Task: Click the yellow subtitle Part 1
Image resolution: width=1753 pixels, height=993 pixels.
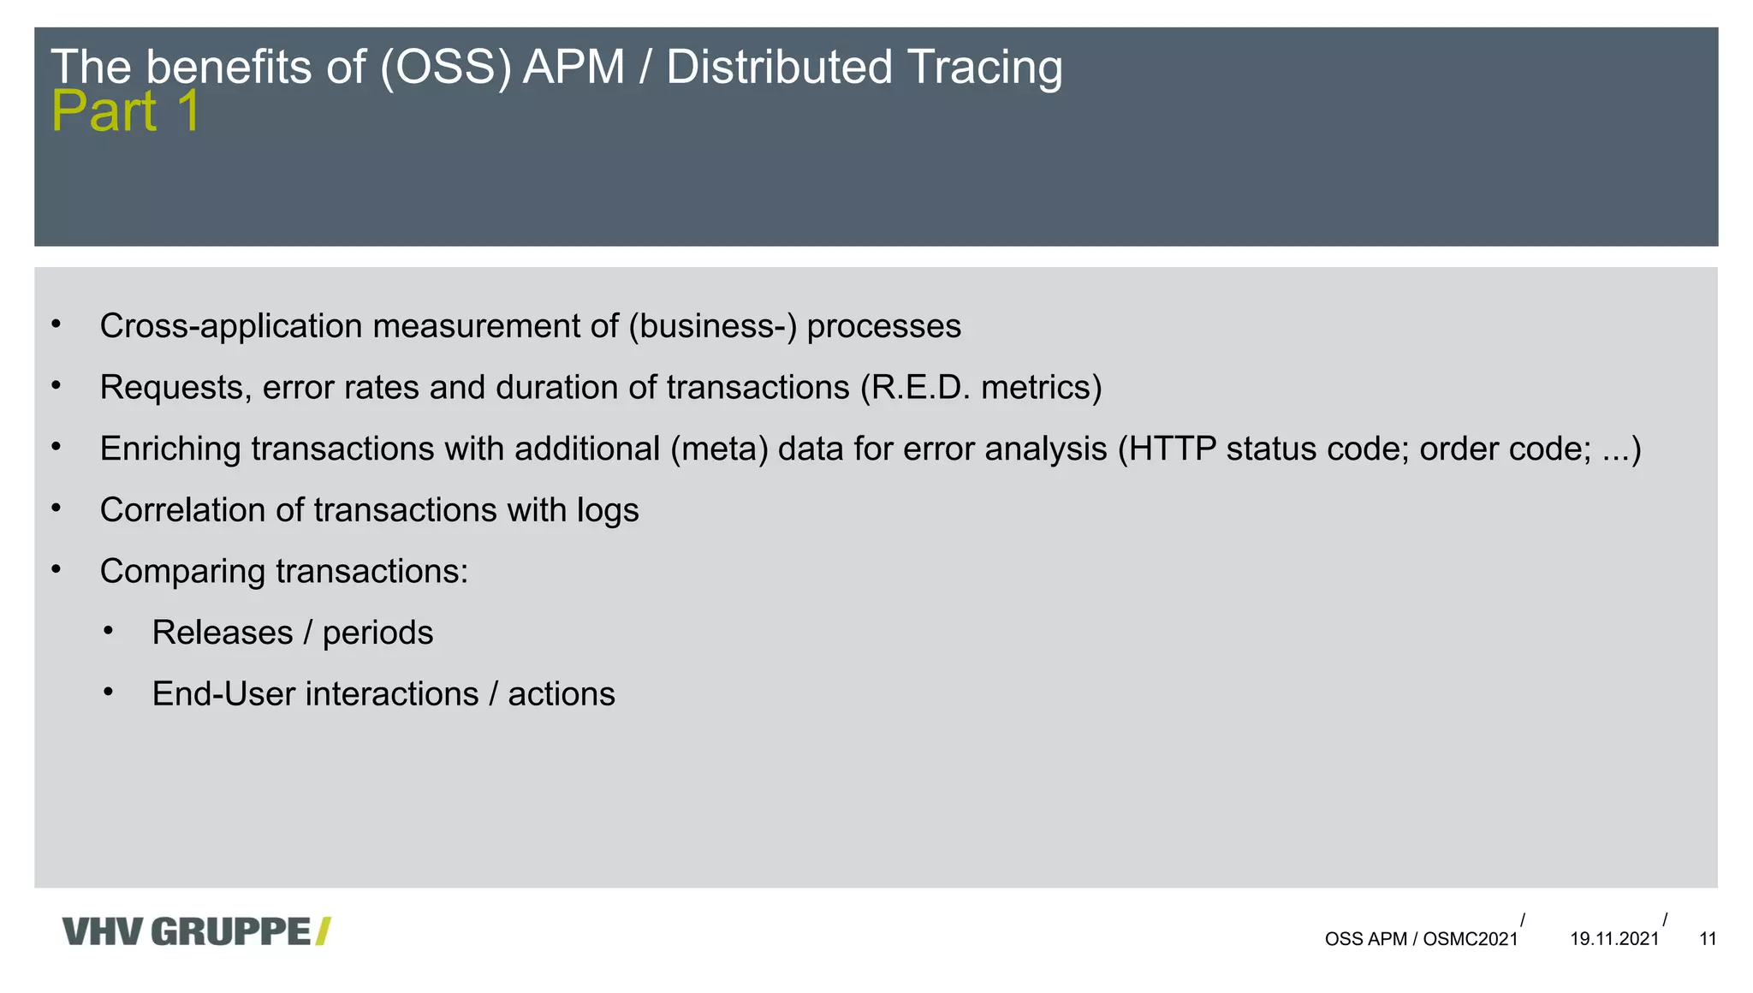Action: click(126, 111)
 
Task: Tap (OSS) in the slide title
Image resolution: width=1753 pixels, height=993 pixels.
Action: click(446, 67)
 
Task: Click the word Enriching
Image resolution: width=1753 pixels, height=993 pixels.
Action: click(170, 449)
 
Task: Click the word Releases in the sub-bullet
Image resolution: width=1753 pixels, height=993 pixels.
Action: click(223, 633)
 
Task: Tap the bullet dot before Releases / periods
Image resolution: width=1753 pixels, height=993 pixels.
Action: click(108, 632)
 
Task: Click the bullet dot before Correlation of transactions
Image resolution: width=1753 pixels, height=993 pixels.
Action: click(56, 508)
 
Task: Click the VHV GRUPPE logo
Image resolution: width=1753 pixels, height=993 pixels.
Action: click(196, 931)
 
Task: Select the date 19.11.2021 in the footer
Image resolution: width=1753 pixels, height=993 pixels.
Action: click(1614, 939)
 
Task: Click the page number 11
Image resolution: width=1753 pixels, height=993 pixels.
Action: click(1708, 939)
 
